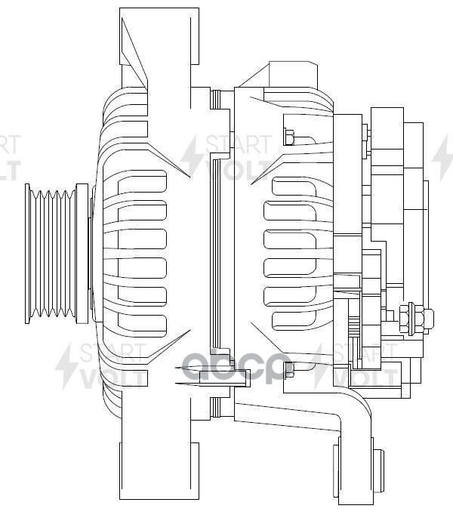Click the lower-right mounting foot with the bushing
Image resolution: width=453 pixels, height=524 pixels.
354,468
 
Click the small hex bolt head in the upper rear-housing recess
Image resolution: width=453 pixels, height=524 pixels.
289,137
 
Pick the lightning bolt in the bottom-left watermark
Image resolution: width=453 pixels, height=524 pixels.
66,366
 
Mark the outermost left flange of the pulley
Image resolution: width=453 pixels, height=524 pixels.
29,254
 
